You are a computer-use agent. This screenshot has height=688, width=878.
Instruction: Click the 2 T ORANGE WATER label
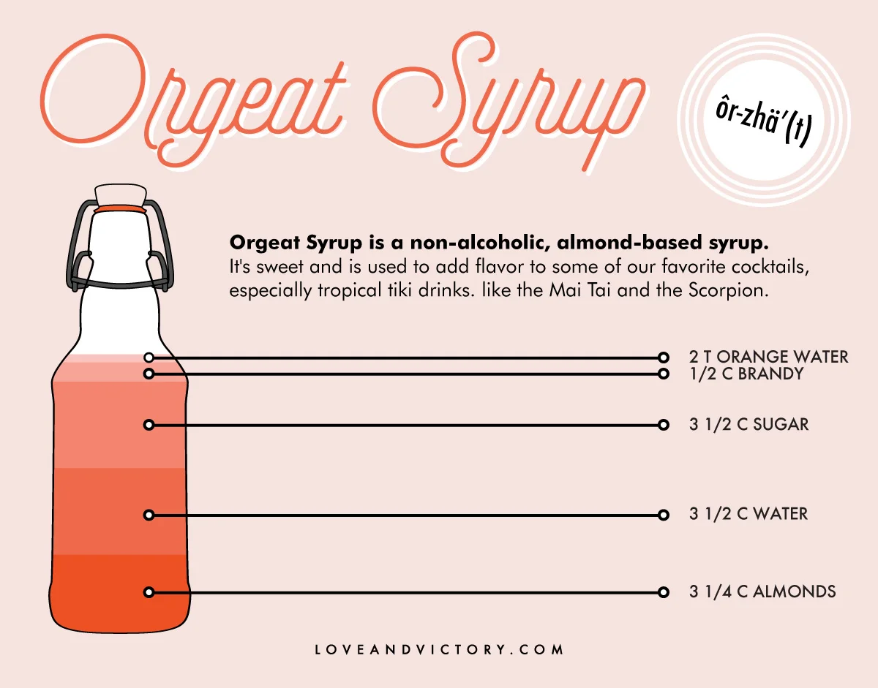[768, 357]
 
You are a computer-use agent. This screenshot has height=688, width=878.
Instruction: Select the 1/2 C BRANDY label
[746, 374]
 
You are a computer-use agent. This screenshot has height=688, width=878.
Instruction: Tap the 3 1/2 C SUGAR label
[748, 425]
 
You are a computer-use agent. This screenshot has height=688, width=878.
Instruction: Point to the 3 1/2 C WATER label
[748, 514]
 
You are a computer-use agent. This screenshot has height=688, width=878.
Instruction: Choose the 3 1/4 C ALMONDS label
[762, 591]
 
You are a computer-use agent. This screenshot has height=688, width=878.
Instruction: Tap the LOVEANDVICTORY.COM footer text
[439, 649]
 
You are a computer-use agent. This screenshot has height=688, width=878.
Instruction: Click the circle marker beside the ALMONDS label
[663, 592]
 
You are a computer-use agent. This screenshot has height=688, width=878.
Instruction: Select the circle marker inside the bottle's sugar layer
[149, 425]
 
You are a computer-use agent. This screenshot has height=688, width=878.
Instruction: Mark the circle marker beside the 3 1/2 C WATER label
[663, 515]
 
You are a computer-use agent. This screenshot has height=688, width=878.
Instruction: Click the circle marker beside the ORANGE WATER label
[663, 358]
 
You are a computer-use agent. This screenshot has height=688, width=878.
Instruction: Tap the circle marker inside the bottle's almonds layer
[149, 591]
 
